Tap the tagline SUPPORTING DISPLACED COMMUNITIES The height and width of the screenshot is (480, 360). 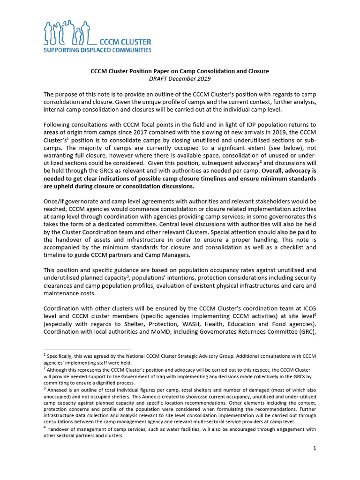(x=97, y=50)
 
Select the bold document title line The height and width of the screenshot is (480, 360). (x=180, y=71)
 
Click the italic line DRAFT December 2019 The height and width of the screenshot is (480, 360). (x=180, y=79)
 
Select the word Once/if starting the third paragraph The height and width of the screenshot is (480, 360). (x=54, y=201)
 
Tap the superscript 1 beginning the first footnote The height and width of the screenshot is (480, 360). (x=45, y=355)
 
